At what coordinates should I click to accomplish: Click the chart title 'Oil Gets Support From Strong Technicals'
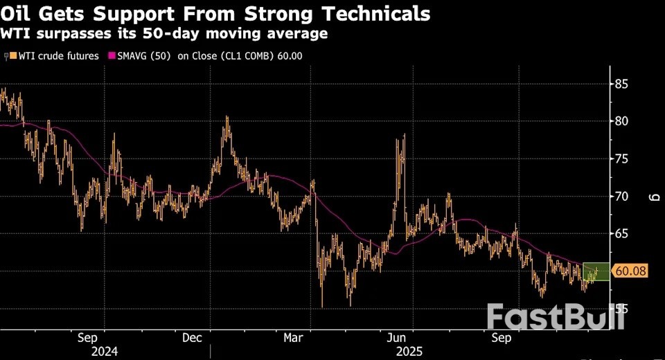(215, 13)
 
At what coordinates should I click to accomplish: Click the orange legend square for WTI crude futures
(12, 56)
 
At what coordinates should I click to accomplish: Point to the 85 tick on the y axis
(621, 84)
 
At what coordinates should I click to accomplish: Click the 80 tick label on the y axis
(621, 121)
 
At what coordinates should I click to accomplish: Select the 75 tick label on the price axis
(621, 159)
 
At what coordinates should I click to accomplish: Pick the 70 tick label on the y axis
(621, 197)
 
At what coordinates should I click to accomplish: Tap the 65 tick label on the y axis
(621, 234)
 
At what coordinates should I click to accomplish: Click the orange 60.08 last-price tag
(630, 271)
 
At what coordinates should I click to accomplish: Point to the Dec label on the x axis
(193, 338)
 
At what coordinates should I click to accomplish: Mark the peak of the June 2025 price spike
(403, 135)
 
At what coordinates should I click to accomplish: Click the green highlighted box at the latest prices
(596, 272)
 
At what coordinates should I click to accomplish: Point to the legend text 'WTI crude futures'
(58, 56)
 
